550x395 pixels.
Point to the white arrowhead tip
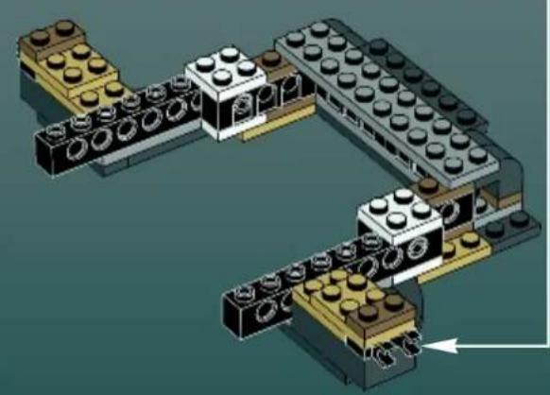point(431,348)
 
